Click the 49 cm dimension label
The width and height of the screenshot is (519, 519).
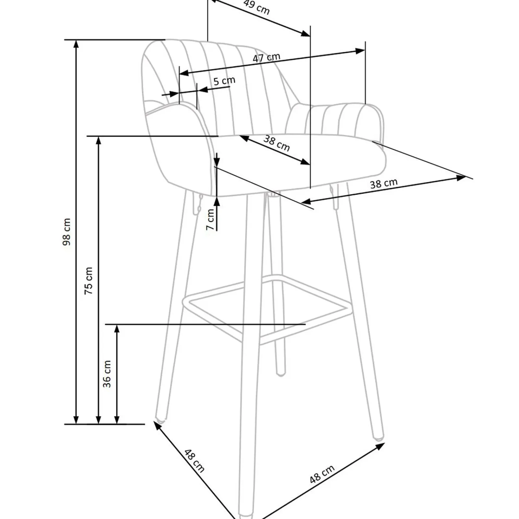coord(256,7)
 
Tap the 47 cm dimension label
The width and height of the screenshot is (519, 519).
coord(266,58)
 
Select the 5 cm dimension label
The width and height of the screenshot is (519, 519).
coord(224,81)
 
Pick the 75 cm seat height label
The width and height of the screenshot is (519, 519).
coord(89,281)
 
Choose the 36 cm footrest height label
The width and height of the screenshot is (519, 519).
coord(107,374)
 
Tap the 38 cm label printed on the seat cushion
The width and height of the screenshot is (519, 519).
coord(276,143)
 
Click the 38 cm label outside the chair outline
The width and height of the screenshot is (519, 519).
coord(384,184)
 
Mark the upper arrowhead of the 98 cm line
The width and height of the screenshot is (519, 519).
coord(76,44)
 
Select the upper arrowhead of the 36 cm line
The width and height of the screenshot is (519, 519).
coord(117,328)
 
